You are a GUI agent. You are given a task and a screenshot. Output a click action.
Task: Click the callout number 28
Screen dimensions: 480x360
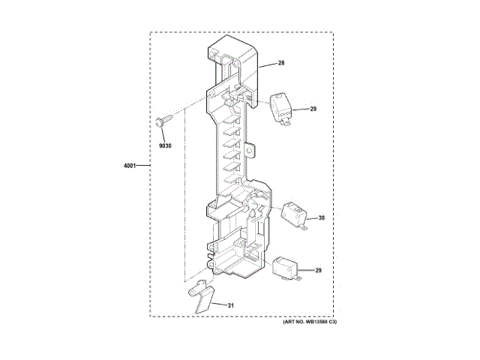(281, 63)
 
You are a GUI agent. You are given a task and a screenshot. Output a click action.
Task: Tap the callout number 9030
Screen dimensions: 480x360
(165, 146)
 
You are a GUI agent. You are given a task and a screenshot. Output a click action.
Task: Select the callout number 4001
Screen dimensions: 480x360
(129, 166)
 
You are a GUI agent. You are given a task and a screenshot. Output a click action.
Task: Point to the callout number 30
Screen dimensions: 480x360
(322, 218)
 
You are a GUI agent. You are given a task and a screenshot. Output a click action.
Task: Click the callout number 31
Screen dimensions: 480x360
(230, 305)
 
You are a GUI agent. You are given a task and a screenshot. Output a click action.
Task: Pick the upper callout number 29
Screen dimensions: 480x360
(313, 109)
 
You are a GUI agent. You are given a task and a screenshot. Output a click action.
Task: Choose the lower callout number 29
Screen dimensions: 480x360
(318, 271)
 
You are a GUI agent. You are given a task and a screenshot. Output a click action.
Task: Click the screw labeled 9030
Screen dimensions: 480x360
(165, 120)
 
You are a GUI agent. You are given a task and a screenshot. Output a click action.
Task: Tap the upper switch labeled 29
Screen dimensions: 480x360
(280, 109)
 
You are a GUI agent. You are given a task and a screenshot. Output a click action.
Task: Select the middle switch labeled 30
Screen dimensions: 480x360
(293, 215)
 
